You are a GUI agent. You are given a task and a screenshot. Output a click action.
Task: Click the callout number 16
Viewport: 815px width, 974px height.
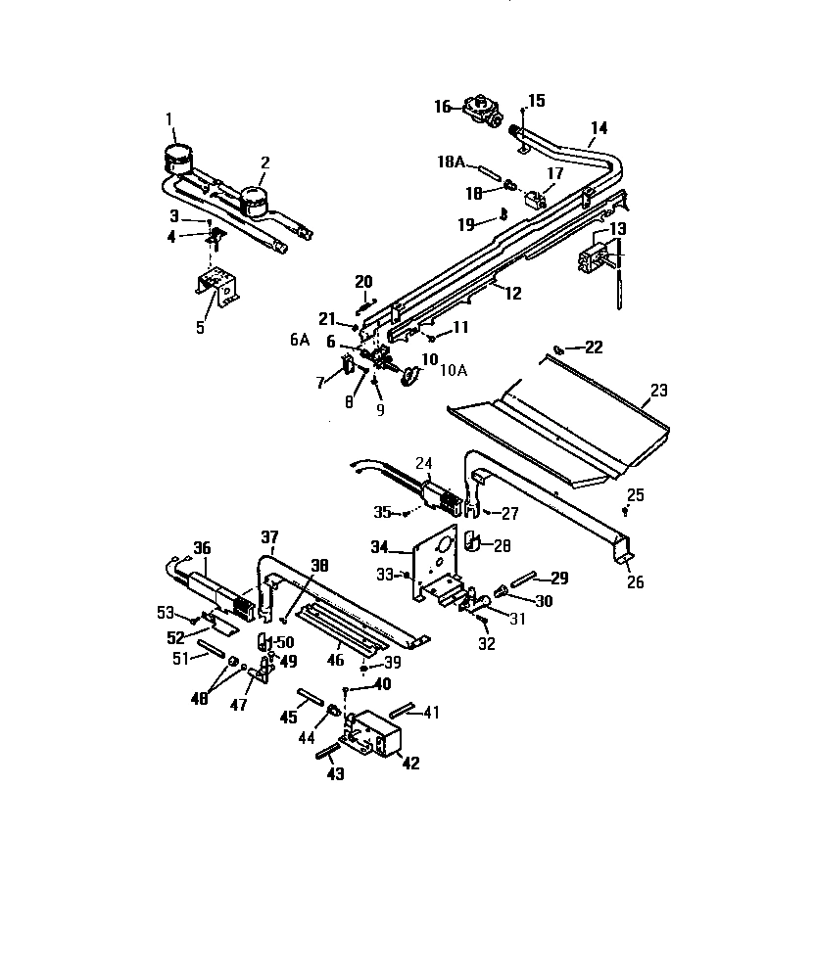point(444,107)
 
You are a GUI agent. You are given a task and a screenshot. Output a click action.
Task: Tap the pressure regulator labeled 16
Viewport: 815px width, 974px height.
point(482,109)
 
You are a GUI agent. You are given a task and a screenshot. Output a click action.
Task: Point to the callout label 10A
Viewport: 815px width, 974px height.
point(454,370)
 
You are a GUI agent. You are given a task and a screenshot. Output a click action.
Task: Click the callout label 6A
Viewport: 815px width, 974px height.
point(300,339)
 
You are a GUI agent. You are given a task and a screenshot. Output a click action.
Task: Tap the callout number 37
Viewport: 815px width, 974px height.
point(269,536)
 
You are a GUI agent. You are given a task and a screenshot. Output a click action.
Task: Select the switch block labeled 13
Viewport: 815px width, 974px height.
point(596,258)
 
